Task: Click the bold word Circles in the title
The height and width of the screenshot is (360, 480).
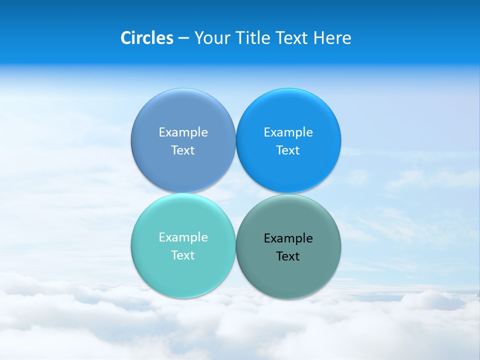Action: tap(146, 38)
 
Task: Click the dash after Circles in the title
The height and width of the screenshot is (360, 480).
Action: tap(183, 38)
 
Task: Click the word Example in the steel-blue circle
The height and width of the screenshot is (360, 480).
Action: tap(183, 132)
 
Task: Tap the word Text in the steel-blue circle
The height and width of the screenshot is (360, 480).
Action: tap(183, 150)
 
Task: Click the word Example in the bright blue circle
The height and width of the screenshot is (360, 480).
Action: tap(288, 132)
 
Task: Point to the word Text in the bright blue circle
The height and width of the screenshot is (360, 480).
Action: tap(288, 150)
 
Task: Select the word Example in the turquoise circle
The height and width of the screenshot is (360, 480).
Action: tap(183, 237)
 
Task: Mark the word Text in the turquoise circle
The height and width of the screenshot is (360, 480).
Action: tap(183, 255)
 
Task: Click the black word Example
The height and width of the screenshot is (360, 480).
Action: tap(288, 238)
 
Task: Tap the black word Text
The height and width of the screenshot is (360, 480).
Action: tap(288, 256)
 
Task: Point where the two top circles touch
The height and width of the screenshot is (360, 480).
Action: tap(235, 140)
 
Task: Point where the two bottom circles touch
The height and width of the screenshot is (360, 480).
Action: tap(235, 246)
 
